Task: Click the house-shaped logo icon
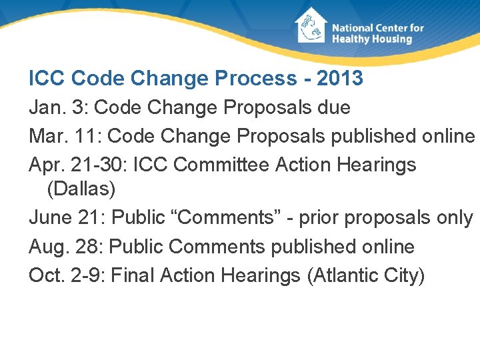click(311, 26)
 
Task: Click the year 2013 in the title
click(340, 78)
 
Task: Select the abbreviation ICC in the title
click(47, 78)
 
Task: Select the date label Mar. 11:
click(65, 136)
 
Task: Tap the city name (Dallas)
click(81, 189)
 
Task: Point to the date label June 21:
click(67, 217)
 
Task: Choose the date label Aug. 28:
click(66, 247)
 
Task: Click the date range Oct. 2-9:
click(67, 275)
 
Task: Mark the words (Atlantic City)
click(365, 275)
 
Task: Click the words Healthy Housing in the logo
click(372, 39)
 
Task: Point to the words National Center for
click(377, 28)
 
